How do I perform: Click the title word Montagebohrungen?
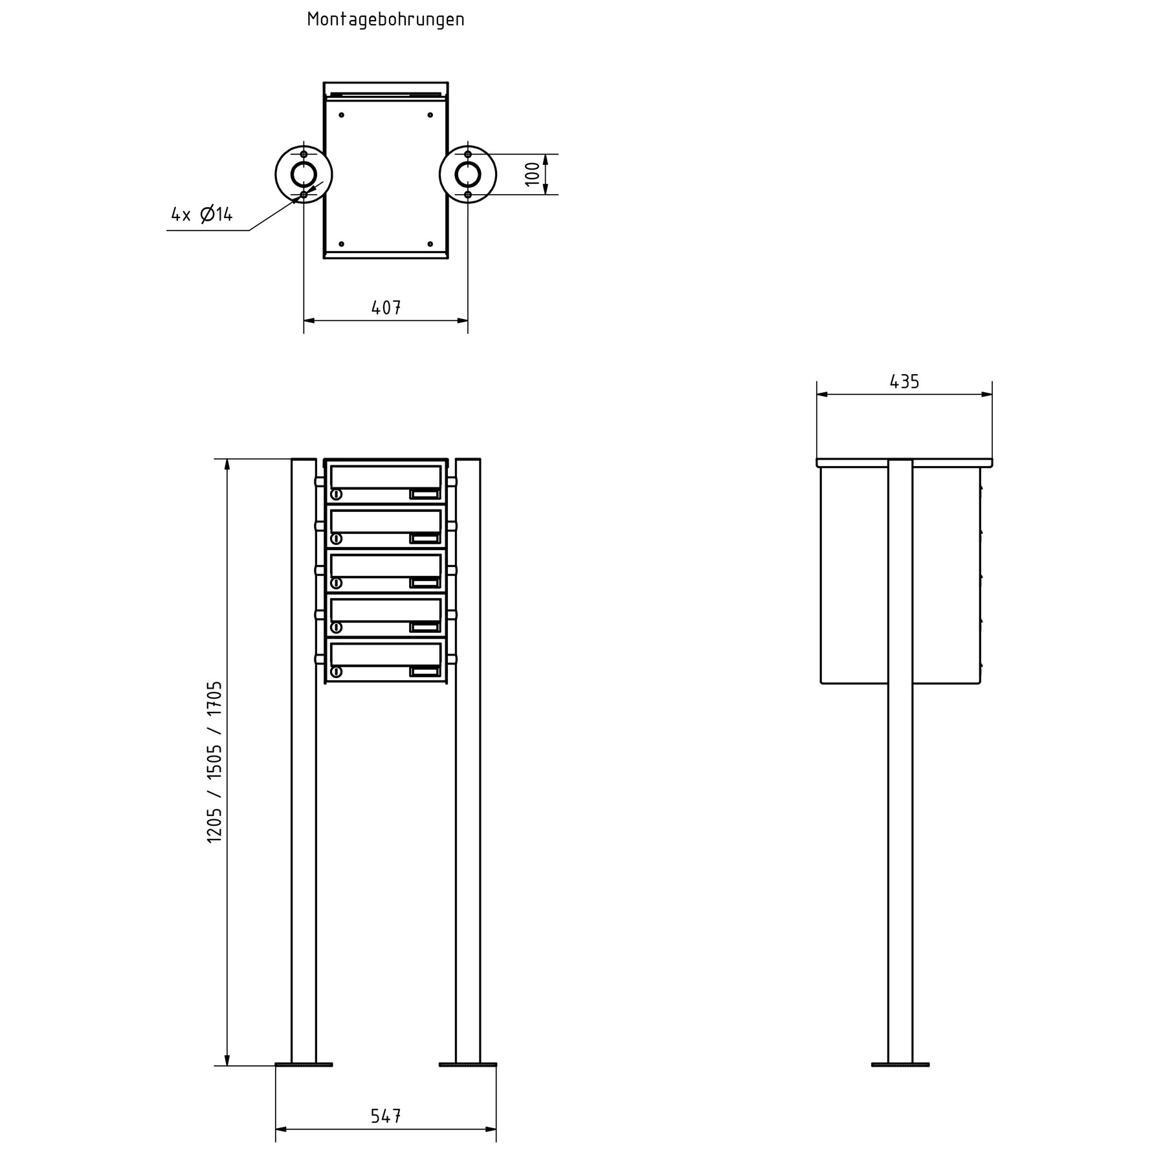[x=386, y=19]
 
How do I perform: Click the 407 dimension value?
[x=386, y=307]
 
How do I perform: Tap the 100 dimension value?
[x=532, y=173]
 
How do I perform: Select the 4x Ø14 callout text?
[x=202, y=214]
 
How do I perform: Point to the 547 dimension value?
[x=386, y=1116]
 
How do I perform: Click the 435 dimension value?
[x=904, y=382]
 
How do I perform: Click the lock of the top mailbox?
[x=337, y=495]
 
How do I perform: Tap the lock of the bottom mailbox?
[x=337, y=672]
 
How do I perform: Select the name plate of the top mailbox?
[x=425, y=495]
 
